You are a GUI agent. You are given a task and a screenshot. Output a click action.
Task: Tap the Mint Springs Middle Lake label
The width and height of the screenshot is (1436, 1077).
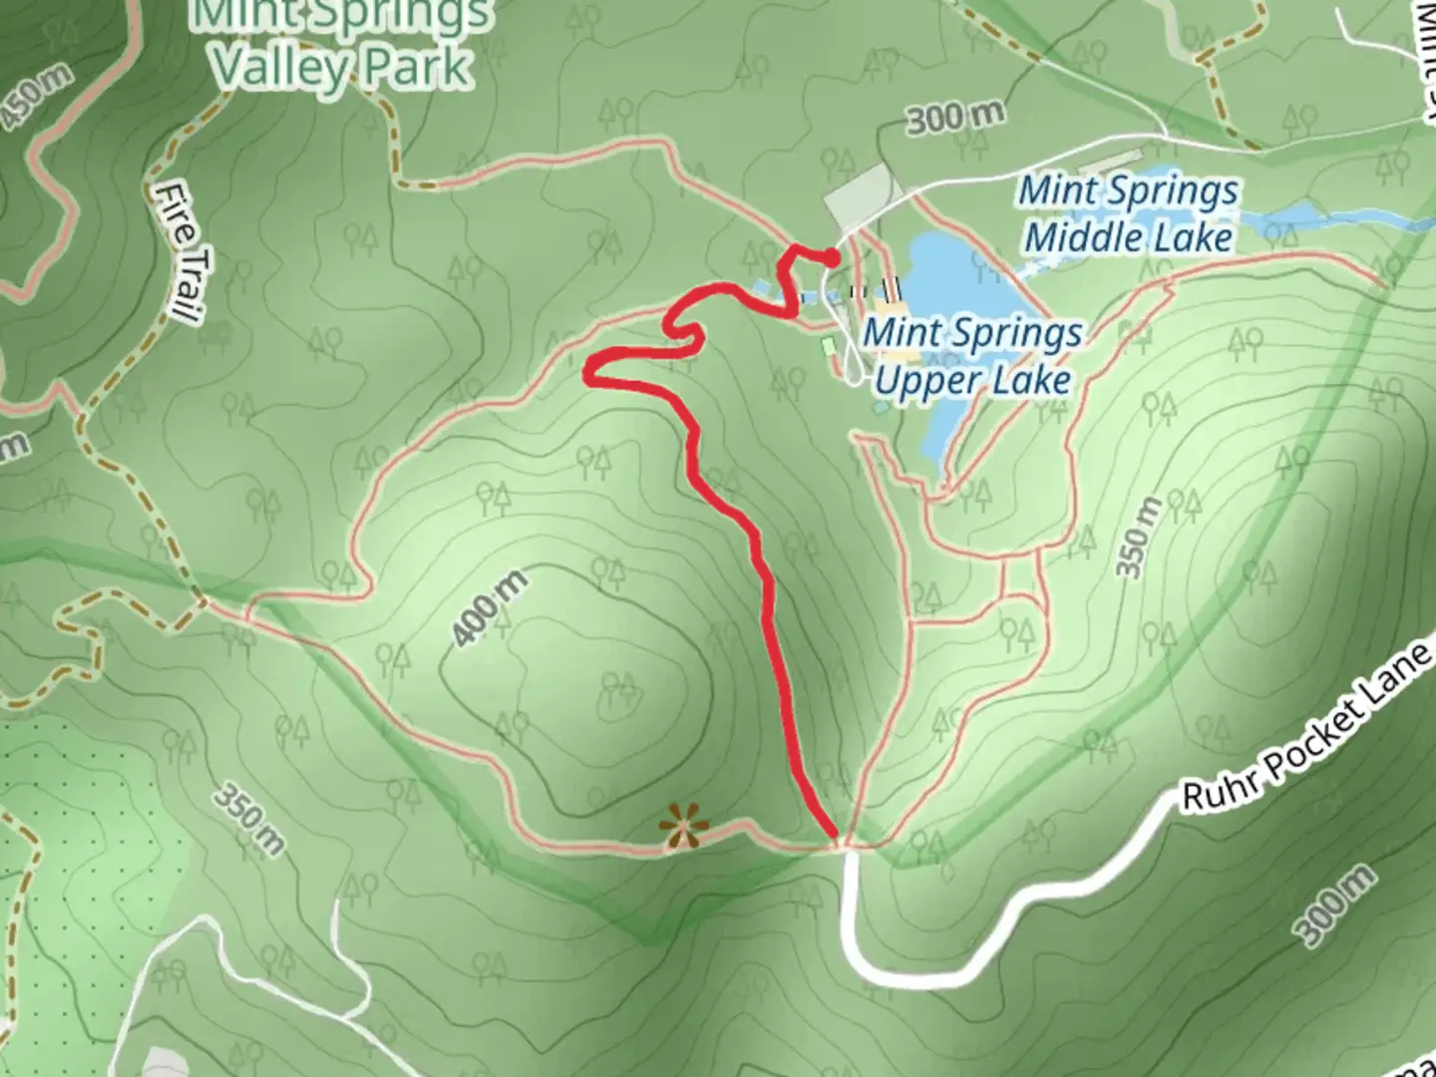click(x=1128, y=214)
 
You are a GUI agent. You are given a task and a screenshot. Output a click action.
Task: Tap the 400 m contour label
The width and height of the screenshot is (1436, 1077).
click(x=489, y=608)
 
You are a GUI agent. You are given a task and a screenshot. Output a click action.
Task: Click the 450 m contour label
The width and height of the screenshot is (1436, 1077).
click(x=37, y=96)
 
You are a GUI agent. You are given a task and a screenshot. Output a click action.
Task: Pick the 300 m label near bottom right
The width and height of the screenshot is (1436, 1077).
click(x=1336, y=905)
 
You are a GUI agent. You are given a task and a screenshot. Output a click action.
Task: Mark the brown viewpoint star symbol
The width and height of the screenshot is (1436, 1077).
click(x=683, y=826)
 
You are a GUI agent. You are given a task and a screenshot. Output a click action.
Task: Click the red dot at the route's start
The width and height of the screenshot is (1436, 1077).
click(x=831, y=259)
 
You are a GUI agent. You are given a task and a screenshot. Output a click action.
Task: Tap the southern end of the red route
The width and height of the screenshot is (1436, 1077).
click(x=834, y=836)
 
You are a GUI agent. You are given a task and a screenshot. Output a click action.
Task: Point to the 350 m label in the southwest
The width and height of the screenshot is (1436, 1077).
click(x=249, y=820)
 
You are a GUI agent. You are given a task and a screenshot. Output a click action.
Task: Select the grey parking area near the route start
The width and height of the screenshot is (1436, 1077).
click(x=859, y=196)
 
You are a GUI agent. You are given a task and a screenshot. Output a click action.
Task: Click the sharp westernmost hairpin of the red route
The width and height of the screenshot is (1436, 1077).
click(x=590, y=372)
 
